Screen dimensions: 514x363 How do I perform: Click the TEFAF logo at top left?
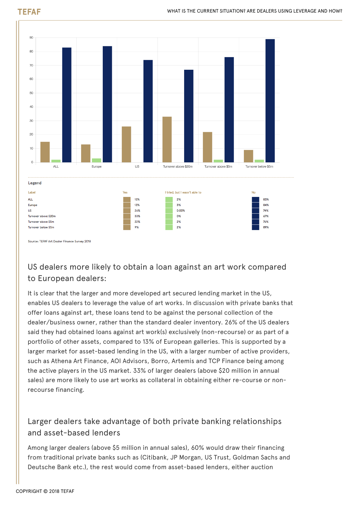point(29,12)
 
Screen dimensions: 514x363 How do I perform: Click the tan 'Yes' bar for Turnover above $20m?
point(167,139)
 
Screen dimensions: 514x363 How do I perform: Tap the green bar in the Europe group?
point(97,160)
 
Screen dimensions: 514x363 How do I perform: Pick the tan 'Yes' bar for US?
point(126,144)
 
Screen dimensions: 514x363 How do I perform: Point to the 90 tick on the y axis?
point(31,38)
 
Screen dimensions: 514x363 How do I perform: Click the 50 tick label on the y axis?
point(31,93)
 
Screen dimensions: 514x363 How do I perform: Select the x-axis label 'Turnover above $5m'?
point(218,166)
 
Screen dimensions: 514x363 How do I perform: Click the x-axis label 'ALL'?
point(56,166)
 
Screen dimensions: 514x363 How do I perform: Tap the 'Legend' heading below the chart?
point(35,183)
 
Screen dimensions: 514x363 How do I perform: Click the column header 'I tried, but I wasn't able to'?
point(183,193)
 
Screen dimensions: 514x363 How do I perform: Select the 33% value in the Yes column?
point(137,216)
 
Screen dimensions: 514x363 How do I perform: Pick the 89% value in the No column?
point(266,227)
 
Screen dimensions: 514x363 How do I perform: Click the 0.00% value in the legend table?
point(181,211)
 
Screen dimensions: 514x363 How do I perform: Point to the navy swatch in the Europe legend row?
point(255,205)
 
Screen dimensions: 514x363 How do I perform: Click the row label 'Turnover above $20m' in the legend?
point(42,216)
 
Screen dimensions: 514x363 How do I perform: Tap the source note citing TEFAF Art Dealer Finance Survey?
point(59,241)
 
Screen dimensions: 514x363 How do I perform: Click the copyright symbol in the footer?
point(45,491)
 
